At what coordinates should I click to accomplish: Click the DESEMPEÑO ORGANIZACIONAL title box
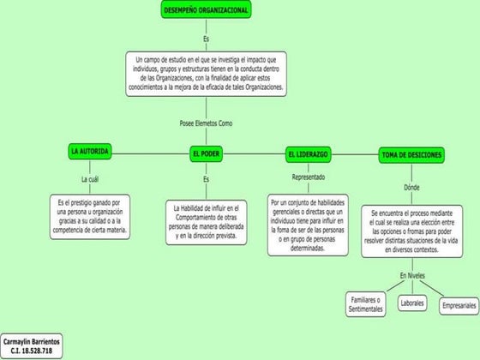206,9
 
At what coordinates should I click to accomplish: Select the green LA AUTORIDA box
89,151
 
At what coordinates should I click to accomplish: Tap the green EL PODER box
206,154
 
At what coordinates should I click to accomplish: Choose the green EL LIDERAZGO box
308,154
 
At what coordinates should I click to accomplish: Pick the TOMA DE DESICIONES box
411,154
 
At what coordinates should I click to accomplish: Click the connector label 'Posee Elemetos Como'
206,123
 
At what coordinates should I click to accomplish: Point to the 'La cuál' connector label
90,179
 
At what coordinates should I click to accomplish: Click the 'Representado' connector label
308,177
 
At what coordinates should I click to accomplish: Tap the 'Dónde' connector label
411,187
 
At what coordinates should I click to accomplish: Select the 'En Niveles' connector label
412,274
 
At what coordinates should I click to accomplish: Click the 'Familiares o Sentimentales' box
365,304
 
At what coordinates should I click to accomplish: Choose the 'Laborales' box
412,303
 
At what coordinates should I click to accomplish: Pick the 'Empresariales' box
459,305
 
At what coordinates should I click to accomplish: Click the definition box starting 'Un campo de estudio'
206,74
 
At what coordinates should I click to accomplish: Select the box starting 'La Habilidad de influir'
206,222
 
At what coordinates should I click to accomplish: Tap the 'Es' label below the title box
206,39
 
